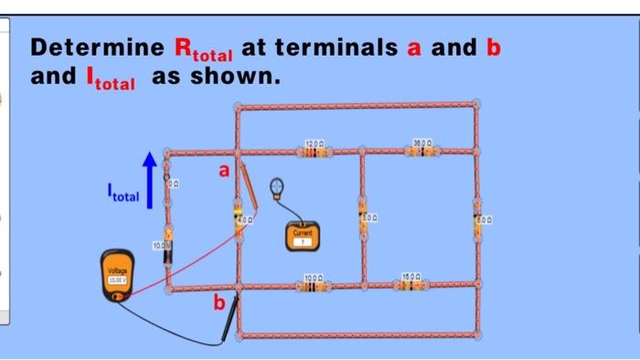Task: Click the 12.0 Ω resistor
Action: pos(315,151)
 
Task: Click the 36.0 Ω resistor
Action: pos(421,150)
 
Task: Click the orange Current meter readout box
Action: pos(303,237)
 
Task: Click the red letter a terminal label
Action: pos(219,170)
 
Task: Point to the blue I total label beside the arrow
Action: pos(122,195)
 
